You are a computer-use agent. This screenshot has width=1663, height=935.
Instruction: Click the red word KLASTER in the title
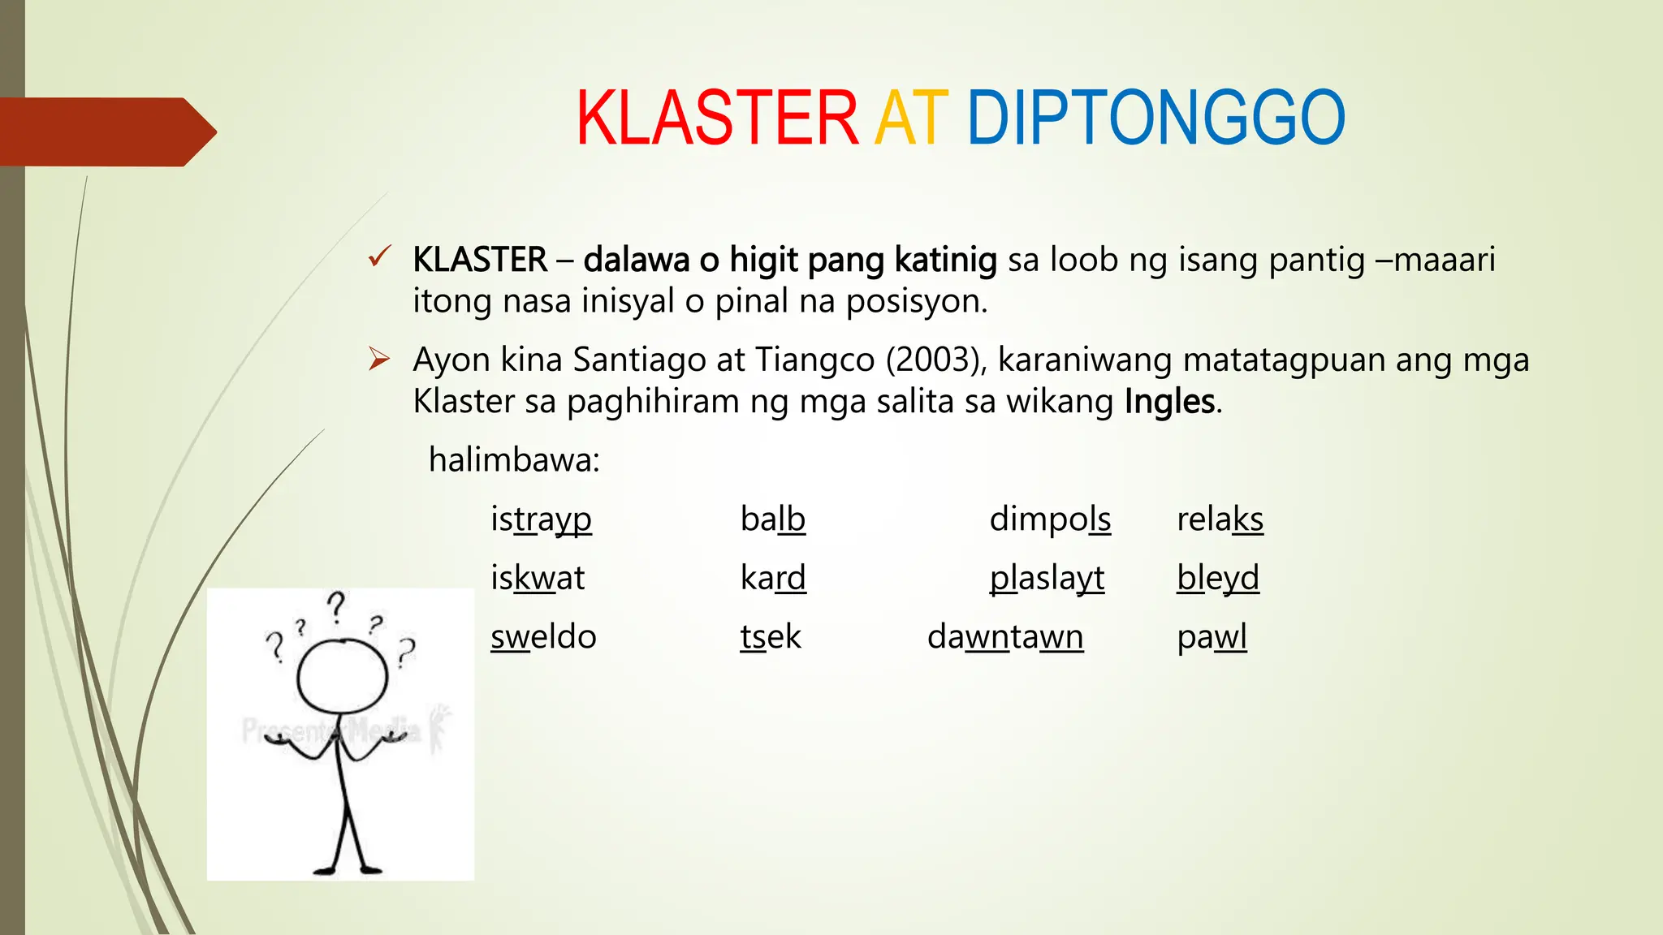pos(717,118)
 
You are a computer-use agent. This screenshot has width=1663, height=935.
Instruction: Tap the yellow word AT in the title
pos(911,118)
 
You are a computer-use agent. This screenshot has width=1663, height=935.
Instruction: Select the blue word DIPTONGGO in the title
pos(1155,118)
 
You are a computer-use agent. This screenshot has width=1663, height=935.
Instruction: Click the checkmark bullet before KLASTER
pos(379,257)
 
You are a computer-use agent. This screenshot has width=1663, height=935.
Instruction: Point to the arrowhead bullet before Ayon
pos(379,358)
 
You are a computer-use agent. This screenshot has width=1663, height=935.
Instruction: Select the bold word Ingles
pos(1170,402)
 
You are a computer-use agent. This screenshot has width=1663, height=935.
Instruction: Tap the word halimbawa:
pos(514,460)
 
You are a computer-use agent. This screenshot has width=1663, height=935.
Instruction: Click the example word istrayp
pos(541,519)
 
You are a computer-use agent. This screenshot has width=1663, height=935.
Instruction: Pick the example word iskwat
pos(538,578)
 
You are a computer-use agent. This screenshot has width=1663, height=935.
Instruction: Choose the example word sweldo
pos(543,636)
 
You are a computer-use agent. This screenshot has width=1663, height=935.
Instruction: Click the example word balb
pos(772,519)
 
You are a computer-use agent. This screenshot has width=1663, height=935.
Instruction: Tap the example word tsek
pos(771,636)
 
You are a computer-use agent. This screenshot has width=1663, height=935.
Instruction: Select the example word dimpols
pos(1050,519)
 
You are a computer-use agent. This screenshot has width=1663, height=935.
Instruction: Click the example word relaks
pos(1220,519)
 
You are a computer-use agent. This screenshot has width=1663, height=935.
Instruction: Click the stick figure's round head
pos(342,676)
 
